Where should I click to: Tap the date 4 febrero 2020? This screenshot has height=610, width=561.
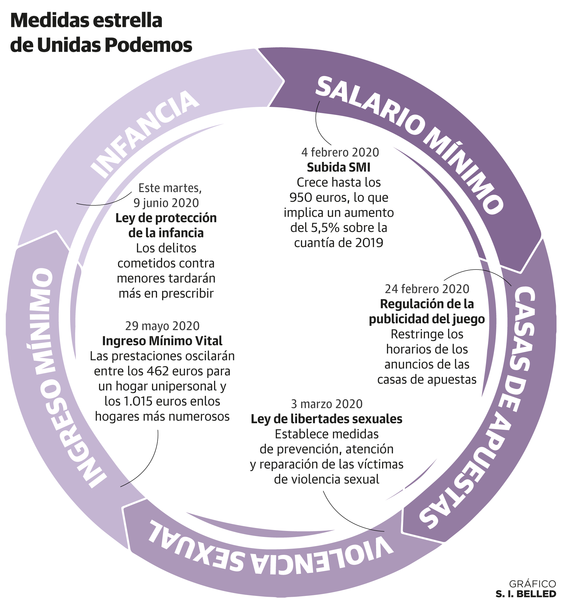(340, 152)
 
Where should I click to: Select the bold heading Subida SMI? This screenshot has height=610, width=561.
(338, 167)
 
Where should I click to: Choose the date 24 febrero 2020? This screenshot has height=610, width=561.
(427, 289)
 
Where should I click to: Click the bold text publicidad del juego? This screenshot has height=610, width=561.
(427, 319)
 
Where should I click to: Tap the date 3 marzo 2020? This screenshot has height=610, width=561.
(327, 404)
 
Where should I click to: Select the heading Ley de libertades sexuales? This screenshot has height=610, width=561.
(327, 419)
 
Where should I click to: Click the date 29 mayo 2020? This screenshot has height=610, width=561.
(162, 326)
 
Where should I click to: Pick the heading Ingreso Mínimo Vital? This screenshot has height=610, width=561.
(162, 341)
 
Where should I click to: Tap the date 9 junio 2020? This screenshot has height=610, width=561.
(166, 203)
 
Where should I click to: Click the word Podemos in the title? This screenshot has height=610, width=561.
(149, 45)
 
